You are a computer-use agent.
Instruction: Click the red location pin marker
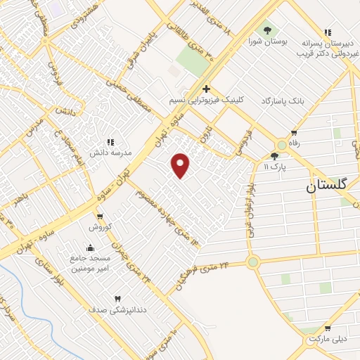click(181, 165)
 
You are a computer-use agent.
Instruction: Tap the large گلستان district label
click(331, 186)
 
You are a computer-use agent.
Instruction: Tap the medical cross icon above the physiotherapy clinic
click(206, 89)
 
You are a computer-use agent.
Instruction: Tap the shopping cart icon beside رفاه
click(294, 133)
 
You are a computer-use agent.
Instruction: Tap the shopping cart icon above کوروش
click(100, 216)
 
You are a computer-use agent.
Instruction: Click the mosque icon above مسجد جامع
click(90, 247)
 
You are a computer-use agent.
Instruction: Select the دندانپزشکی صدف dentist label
click(117, 309)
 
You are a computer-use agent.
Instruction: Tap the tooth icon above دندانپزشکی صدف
click(117, 299)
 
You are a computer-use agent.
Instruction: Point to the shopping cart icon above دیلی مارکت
click(328, 328)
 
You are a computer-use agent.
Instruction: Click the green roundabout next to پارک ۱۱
click(282, 144)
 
